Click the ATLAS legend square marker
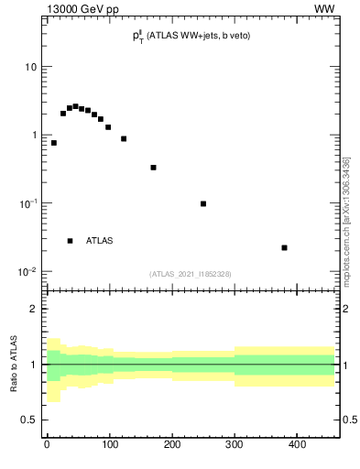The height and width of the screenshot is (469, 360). (x=70, y=241)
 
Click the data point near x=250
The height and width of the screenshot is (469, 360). (x=203, y=203)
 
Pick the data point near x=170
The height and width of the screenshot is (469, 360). (x=153, y=168)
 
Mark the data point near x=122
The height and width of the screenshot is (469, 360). (x=124, y=138)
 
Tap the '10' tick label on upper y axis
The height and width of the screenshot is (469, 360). (x=30, y=67)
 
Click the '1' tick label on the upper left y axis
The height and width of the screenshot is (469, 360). (x=33, y=136)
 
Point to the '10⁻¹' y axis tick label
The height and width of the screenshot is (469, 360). (x=27, y=203)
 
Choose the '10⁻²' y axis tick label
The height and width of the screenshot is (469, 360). (x=27, y=272)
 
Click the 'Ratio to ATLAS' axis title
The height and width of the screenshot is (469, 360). (x=13, y=365)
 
